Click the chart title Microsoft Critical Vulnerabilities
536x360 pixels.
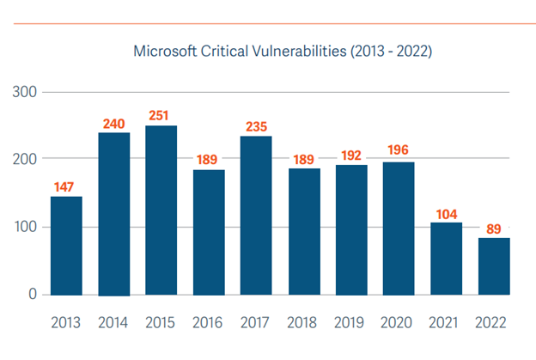click(x=283, y=52)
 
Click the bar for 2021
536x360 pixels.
click(x=446, y=259)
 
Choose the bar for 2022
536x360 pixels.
click(x=494, y=266)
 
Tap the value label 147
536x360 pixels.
click(x=66, y=186)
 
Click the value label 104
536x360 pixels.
click(x=446, y=212)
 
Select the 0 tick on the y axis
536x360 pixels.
click(x=32, y=295)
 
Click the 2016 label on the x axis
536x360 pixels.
click(x=209, y=323)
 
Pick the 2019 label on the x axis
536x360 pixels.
click(x=351, y=323)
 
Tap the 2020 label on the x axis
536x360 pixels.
click(x=399, y=323)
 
